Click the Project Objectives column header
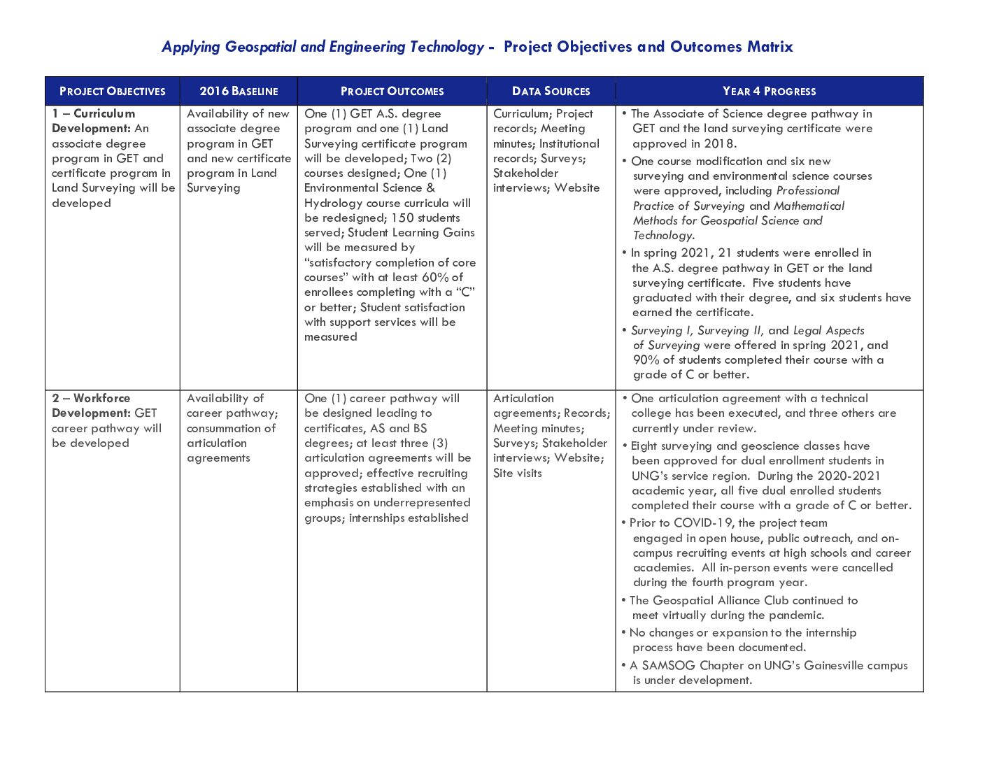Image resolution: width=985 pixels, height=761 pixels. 113,91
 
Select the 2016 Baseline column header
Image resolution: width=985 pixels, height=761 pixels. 239,91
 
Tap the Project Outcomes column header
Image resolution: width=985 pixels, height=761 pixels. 392,91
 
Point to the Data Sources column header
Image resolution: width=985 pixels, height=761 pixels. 551,91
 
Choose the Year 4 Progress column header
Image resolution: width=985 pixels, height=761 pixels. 769,91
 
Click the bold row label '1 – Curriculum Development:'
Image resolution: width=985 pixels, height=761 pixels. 93,120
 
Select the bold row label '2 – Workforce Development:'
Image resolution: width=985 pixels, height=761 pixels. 91,405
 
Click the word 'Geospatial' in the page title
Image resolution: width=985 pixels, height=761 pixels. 261,47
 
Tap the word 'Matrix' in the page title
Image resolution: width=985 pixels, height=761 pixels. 770,47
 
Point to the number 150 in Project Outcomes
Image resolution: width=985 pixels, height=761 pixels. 402,218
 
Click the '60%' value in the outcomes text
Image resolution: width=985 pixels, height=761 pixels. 435,277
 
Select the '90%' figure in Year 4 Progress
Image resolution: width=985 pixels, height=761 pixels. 646,360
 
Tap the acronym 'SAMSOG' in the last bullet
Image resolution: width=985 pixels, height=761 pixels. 668,665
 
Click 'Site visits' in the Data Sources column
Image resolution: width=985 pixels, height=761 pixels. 518,473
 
